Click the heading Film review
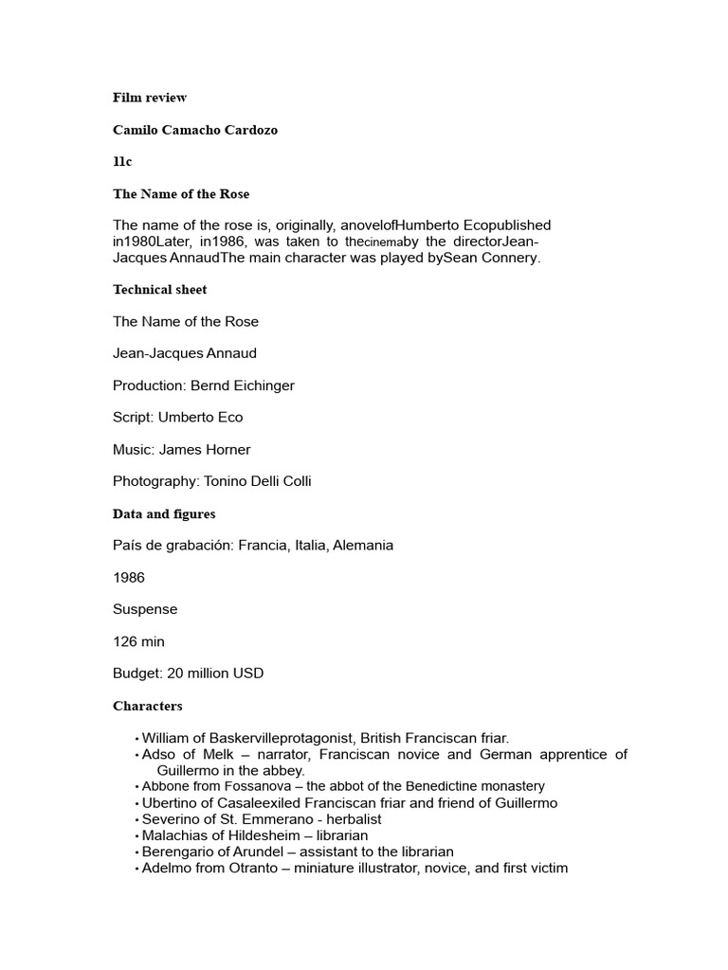click(150, 98)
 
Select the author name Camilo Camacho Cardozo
click(196, 130)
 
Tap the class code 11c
click(122, 162)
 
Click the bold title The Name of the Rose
click(181, 194)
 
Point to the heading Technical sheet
click(159, 290)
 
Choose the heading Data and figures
click(164, 514)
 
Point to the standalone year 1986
click(129, 578)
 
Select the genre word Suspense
click(145, 610)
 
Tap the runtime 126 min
click(138, 642)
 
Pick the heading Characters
click(148, 707)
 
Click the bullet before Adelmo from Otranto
click(137, 869)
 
